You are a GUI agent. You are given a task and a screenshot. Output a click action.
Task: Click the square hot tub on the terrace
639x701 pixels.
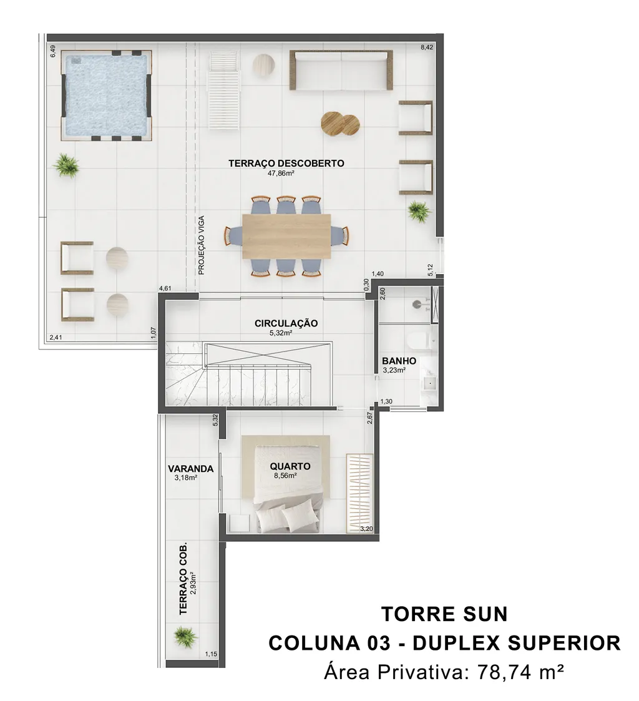tap(106, 96)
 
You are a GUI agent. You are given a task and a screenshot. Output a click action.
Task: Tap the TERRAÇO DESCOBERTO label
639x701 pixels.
tap(286, 163)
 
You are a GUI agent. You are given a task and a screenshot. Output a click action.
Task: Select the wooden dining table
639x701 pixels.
tap(286, 237)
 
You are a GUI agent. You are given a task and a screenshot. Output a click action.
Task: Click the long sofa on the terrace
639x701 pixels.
tap(341, 70)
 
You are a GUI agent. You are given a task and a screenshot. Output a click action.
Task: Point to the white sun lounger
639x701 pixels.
tap(223, 91)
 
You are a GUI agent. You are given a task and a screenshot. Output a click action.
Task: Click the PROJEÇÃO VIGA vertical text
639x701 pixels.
tap(202, 245)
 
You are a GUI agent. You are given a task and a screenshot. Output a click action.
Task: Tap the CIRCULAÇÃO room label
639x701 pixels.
tap(286, 323)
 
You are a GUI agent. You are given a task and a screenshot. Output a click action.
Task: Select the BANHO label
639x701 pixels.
tap(399, 361)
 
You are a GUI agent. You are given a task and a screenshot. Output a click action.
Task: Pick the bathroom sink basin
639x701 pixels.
tap(431, 383)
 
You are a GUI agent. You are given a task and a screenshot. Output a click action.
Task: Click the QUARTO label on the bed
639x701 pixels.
tap(290, 466)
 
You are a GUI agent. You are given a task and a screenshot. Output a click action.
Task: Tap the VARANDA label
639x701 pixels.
tap(191, 469)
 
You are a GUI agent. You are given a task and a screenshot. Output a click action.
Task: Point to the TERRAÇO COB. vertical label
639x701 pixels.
tap(183, 579)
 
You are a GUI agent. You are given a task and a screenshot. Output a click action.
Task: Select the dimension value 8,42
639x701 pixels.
tap(427, 47)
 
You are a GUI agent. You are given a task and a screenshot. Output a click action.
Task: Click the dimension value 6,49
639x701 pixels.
tap(53, 51)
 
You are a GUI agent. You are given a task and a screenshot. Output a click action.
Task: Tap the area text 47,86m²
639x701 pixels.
tap(281, 174)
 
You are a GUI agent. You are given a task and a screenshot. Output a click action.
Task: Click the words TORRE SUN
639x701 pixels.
tap(445, 614)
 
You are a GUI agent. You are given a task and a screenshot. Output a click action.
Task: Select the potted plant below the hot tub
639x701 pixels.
tap(66, 165)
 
